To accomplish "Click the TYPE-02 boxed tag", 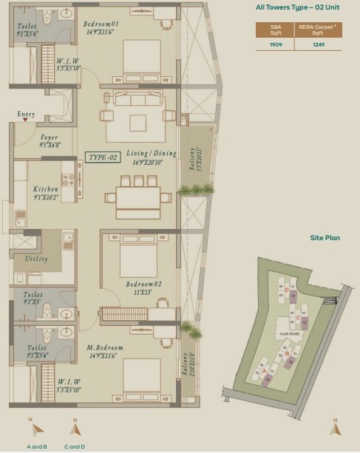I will [x=103, y=157].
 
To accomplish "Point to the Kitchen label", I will [x=46, y=189].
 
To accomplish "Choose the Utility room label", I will [x=36, y=259].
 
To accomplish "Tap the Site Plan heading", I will [x=325, y=238].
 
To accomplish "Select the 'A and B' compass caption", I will [x=38, y=446].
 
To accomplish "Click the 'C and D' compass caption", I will [x=75, y=446].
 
